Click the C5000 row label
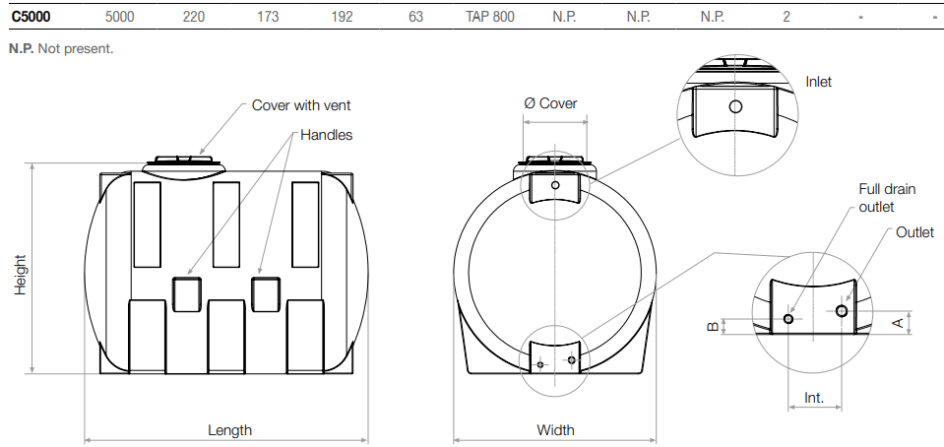[x=31, y=17]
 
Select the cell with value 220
[x=194, y=17]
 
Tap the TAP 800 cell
[x=489, y=17]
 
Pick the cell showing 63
[x=415, y=17]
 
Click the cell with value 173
[x=268, y=17]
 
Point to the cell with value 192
[x=342, y=17]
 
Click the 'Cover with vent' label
[x=301, y=105]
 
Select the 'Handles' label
[x=326, y=135]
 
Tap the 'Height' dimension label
[x=21, y=275]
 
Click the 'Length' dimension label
[x=229, y=430]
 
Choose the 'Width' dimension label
[x=555, y=430]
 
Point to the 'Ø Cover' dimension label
[x=550, y=103]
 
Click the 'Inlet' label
[x=818, y=82]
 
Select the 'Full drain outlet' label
[x=876, y=197]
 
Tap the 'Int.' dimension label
[x=814, y=399]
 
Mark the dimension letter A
[x=897, y=322]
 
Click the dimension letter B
[x=714, y=326]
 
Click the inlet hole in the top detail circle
[x=735, y=106]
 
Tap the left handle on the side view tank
[x=187, y=294]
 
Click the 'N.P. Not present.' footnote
[x=61, y=48]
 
